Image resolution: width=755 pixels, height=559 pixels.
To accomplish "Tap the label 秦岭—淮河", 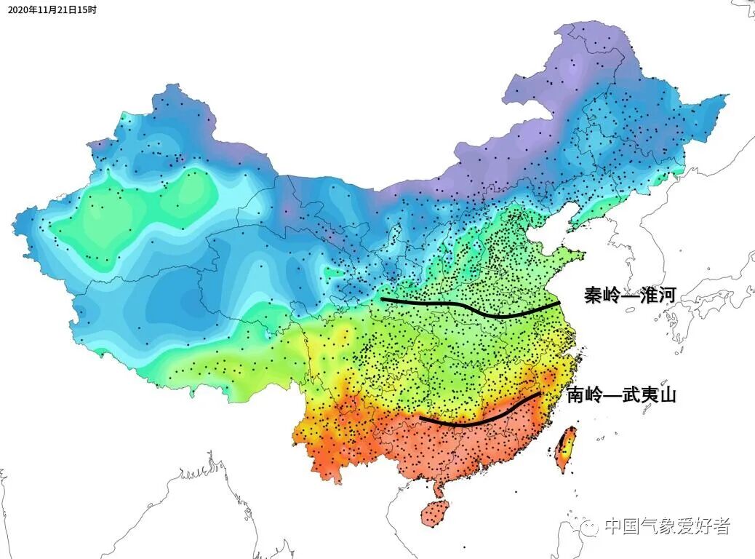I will click(631, 295).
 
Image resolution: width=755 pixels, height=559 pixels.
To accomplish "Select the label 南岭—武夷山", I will click(621, 395).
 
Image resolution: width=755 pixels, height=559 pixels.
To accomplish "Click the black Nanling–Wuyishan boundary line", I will click(480, 420).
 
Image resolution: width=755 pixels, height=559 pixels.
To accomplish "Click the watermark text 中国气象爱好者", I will click(667, 526).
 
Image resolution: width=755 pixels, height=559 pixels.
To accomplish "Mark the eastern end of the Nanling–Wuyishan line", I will click(539, 394).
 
